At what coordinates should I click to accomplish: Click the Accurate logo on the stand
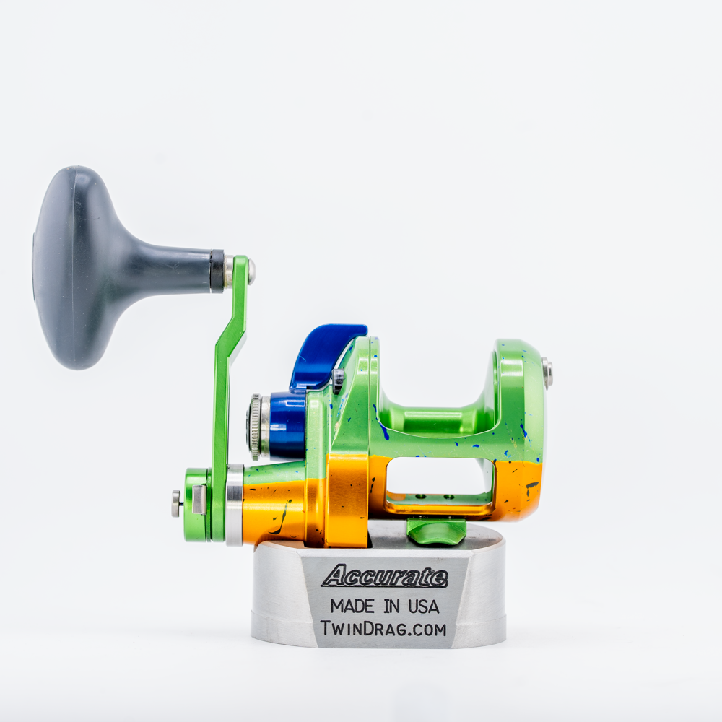385,576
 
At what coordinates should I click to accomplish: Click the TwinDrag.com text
383,629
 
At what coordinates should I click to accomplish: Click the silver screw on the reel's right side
547,373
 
